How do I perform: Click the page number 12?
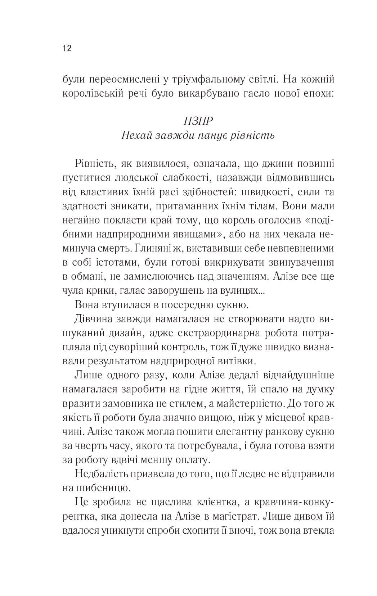pyautogui.click(x=67, y=48)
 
